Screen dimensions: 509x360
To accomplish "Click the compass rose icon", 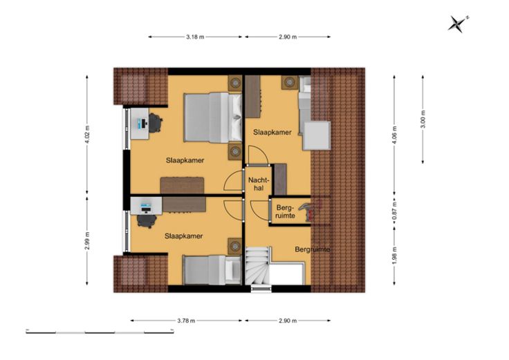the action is (458, 23).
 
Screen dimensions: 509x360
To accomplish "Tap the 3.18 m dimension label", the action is (195, 37).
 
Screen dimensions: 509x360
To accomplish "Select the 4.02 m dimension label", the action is (87, 134).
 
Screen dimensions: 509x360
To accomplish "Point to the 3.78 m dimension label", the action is (186, 321).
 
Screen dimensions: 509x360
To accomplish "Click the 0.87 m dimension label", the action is (394, 211).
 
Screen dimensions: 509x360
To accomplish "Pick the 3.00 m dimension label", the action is (423, 120).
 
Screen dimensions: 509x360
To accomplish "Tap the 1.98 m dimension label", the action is (394, 256).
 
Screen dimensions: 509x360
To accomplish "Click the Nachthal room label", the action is (259, 184).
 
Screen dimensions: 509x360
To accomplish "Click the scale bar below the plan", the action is (100, 332).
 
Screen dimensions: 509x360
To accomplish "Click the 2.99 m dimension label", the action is (87, 241).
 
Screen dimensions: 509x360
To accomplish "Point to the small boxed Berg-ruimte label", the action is (286, 211).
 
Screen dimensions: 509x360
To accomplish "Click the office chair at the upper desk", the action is (156, 123).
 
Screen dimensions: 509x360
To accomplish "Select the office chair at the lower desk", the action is (147, 221).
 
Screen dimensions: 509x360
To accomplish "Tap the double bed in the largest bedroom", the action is (212, 117).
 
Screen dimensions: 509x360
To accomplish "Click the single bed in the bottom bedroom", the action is (212, 270).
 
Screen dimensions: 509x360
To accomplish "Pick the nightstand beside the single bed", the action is (234, 247).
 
